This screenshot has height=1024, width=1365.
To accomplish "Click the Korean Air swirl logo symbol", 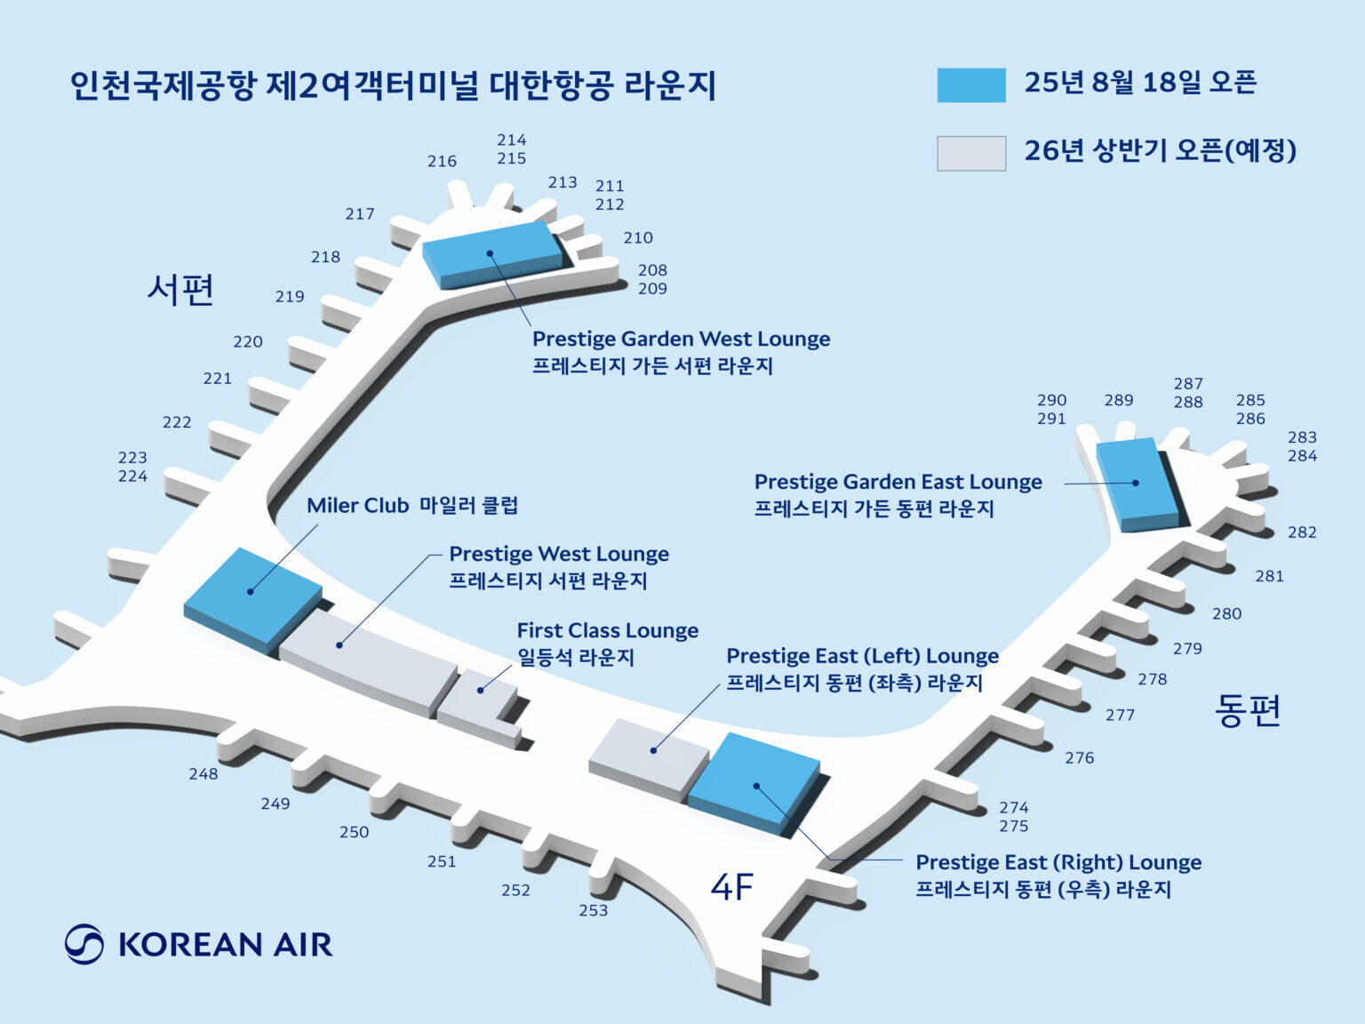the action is [84, 944].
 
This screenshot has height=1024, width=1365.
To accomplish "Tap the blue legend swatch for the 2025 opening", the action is [970, 84].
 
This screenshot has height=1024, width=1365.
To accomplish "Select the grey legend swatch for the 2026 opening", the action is [970, 153].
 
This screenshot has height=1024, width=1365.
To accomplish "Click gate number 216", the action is [443, 161].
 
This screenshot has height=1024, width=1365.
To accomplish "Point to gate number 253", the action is [594, 910].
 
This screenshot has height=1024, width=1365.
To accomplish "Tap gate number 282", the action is [1302, 532].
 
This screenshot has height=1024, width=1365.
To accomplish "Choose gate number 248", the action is [204, 773].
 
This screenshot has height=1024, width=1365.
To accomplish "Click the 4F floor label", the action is [732, 887].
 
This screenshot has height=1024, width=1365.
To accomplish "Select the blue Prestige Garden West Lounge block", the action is [492, 255].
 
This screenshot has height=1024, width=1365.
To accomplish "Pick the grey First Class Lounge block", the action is [479, 708].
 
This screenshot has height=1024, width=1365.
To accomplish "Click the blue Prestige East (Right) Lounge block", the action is [754, 783].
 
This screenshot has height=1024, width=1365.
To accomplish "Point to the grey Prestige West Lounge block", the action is [368, 662].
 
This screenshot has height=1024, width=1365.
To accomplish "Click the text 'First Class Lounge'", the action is [608, 630].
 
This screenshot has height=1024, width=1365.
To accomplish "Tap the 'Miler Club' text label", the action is [357, 506].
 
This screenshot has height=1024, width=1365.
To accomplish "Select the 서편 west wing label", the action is [180, 290].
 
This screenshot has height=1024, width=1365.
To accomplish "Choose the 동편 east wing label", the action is [1248, 710].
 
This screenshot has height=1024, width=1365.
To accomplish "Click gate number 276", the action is [1080, 758].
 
